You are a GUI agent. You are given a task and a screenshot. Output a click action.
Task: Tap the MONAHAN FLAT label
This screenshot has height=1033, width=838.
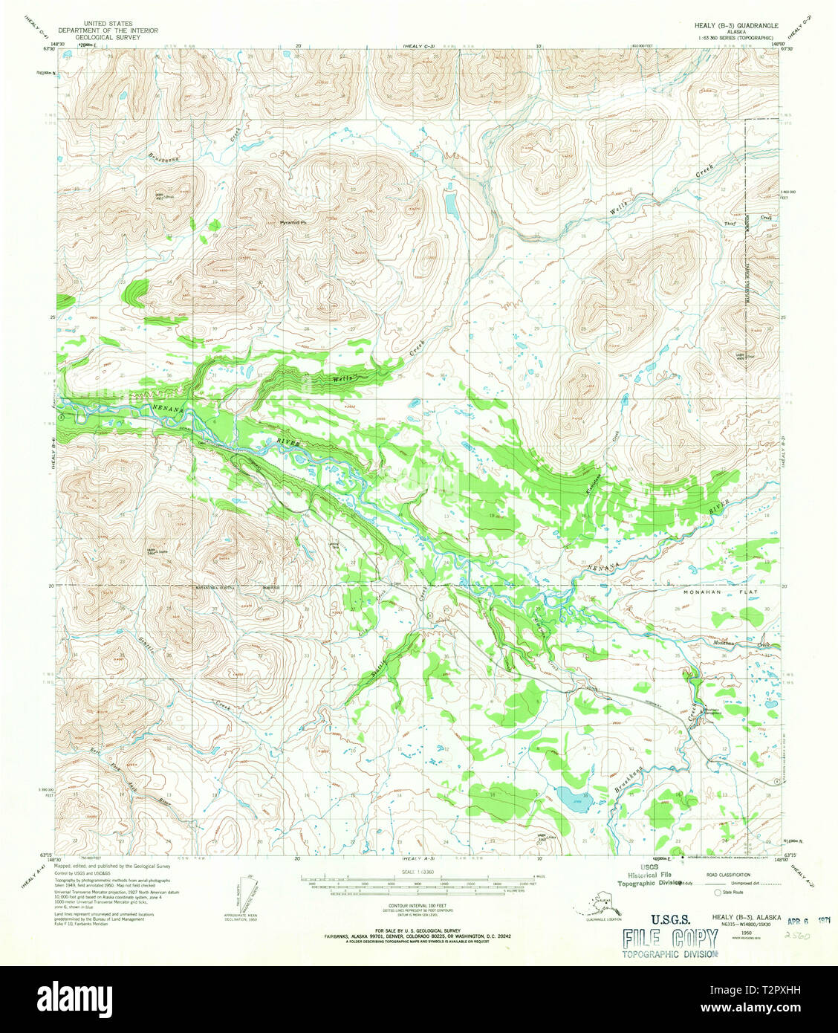[709, 594]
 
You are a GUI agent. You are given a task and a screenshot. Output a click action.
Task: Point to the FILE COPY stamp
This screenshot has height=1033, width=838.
[670, 939]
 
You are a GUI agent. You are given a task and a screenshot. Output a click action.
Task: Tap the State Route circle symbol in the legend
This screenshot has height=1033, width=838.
[718, 892]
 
